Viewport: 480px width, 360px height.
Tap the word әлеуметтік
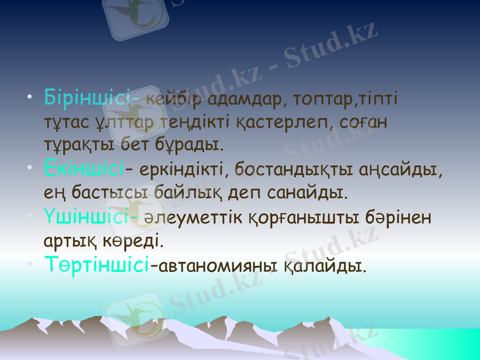coord(194,217)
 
